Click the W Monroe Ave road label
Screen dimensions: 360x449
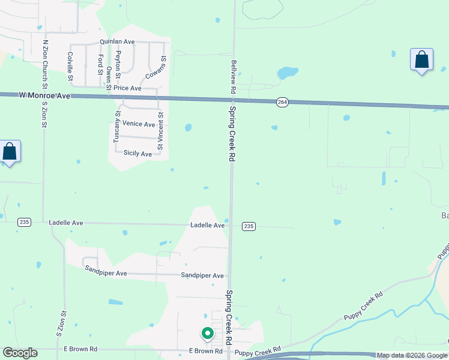coord(44,95)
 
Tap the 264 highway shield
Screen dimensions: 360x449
coord(282,103)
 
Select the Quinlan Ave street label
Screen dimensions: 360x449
coord(117,42)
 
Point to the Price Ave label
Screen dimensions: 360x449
coord(127,88)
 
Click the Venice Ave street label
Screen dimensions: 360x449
coord(139,124)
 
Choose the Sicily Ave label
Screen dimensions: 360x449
coord(137,154)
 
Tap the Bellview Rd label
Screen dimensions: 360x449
coord(232,76)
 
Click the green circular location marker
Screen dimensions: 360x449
coord(207,332)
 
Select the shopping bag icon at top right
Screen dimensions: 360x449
coord(421,60)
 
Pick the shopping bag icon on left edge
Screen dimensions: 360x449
coord(10,152)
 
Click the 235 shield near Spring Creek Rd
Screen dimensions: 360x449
coord(249,226)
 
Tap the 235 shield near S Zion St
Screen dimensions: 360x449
coord(24,222)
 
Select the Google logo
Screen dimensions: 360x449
coord(20,353)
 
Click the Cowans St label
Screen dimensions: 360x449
coord(155,67)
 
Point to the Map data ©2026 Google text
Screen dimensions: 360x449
coord(412,355)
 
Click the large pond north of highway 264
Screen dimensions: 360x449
coord(288,73)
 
